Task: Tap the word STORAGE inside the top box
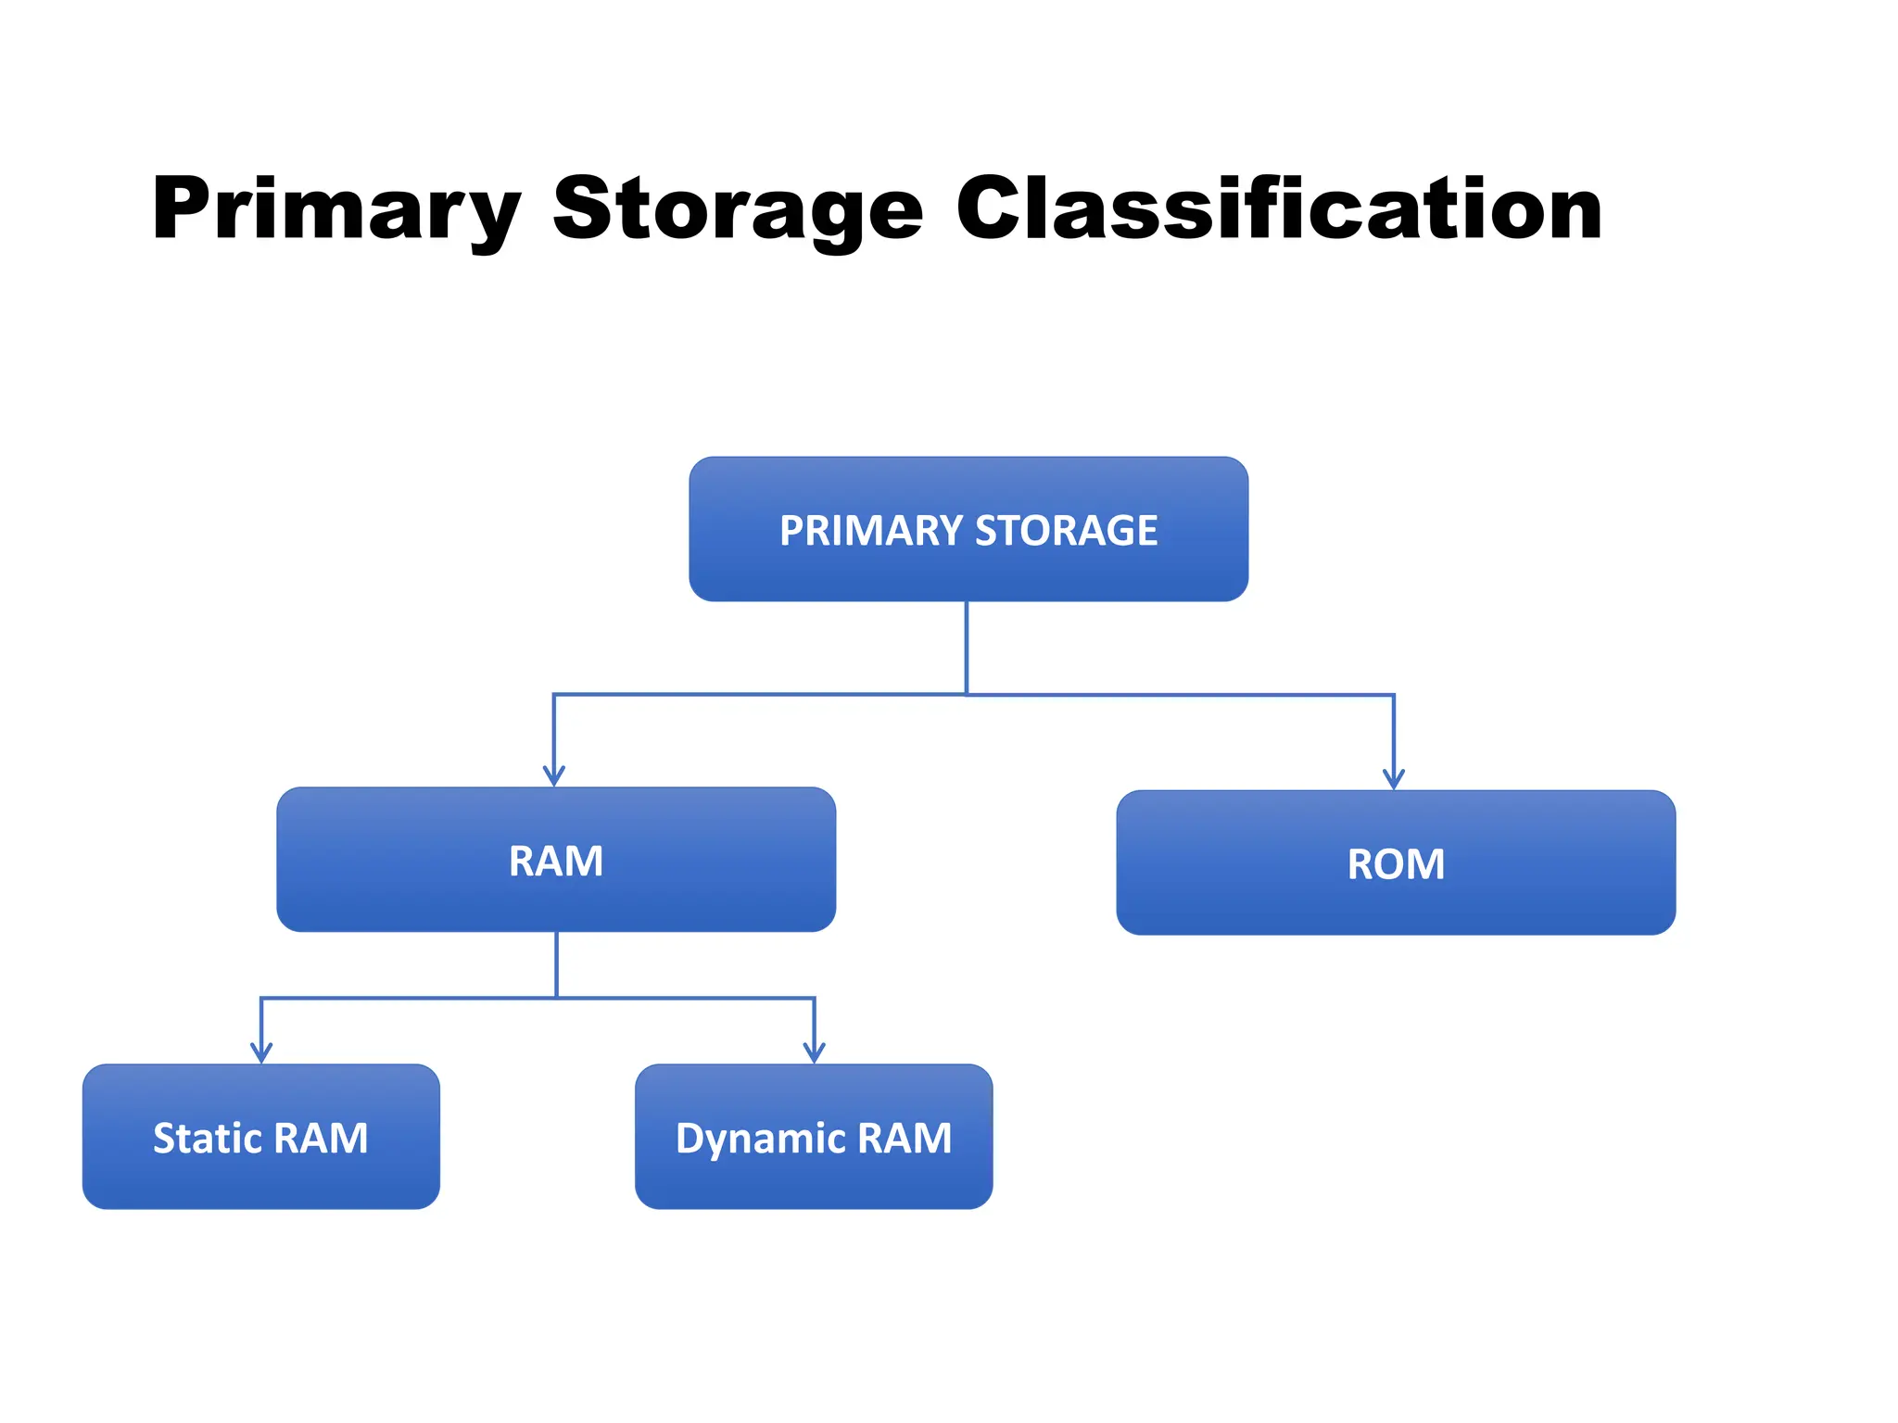1066,531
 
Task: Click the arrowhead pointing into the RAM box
554,776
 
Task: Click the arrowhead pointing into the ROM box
1394,779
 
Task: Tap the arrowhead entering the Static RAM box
261,1053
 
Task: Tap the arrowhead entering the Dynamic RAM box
815,1053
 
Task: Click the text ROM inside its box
1396,864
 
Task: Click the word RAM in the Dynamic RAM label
905,1138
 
